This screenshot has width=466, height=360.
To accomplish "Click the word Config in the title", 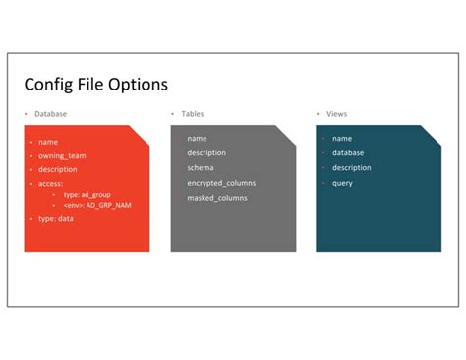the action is click(48, 85).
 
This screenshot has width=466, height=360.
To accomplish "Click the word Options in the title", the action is click(138, 84).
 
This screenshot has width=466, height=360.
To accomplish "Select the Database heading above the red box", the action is click(51, 114).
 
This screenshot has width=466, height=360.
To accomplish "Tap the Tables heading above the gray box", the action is click(193, 114).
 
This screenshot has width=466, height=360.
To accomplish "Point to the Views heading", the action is click(337, 114).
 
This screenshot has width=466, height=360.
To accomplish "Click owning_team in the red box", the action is click(62, 156).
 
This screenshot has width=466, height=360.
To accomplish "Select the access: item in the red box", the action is click(50, 184).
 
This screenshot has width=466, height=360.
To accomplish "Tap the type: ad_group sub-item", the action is click(87, 195).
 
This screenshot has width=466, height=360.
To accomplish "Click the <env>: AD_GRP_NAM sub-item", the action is click(97, 205).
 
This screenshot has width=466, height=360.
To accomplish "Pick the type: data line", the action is click(56, 219).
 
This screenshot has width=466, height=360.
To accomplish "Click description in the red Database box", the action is click(58, 169).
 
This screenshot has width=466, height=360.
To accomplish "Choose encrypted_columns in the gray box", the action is click(221, 183).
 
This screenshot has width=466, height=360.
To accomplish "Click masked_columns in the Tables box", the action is click(217, 198).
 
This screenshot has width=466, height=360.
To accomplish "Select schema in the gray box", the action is click(201, 168).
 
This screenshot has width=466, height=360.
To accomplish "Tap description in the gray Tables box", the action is click(206, 153).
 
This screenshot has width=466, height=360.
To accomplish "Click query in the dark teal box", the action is click(342, 183).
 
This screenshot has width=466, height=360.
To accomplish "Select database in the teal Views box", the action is click(348, 153).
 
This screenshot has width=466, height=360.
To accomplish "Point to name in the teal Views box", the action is click(342, 139).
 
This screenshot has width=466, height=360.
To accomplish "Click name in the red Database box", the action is click(48, 142).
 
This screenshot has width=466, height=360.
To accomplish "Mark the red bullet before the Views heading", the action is click(318, 114).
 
